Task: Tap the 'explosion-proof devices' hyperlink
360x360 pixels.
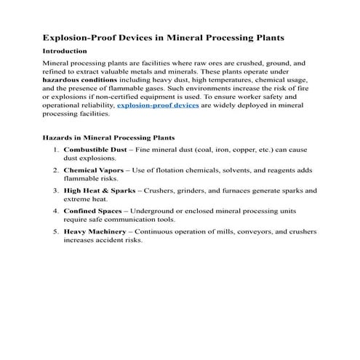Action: pyautogui.click(x=158, y=105)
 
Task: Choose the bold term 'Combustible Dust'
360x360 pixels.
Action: pyautogui.click(x=97, y=149)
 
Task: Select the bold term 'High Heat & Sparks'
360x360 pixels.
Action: pyautogui.click(x=101, y=191)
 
